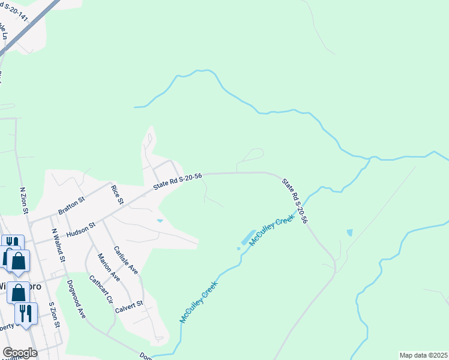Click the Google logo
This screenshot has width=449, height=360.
tap(20, 353)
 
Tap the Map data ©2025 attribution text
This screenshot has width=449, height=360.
tap(423, 355)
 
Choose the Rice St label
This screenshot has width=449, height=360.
tap(116, 194)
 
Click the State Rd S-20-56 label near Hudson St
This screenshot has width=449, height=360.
tap(178, 179)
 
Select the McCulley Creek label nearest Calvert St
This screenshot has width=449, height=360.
tap(198, 303)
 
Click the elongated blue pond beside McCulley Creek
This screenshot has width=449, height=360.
tap(247, 236)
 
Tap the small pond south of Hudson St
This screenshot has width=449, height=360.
tap(159, 221)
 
